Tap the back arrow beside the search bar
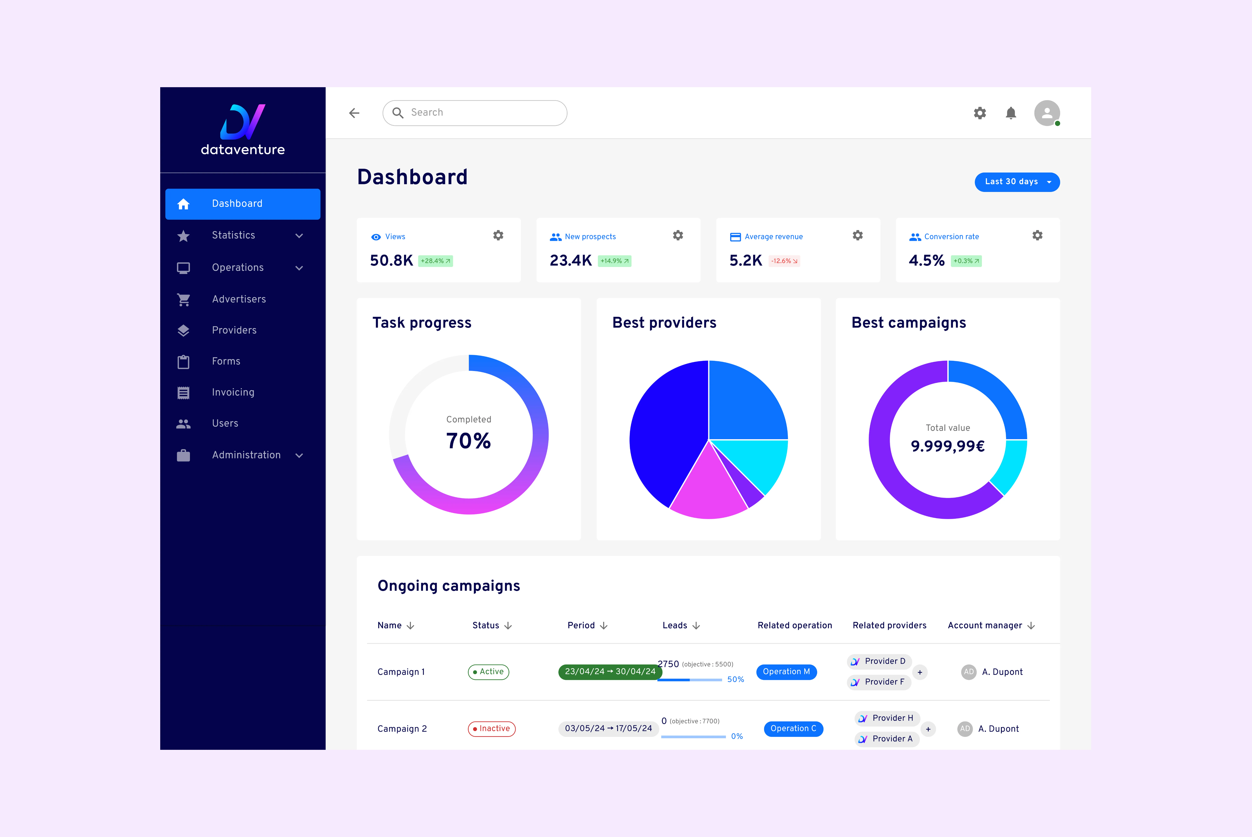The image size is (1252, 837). click(x=354, y=113)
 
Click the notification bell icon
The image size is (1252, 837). click(x=1011, y=113)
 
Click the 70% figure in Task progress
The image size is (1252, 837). click(x=468, y=441)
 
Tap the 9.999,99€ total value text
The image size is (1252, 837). click(x=948, y=446)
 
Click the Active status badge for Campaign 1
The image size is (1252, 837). click(x=489, y=672)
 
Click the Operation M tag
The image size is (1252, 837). click(x=786, y=672)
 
